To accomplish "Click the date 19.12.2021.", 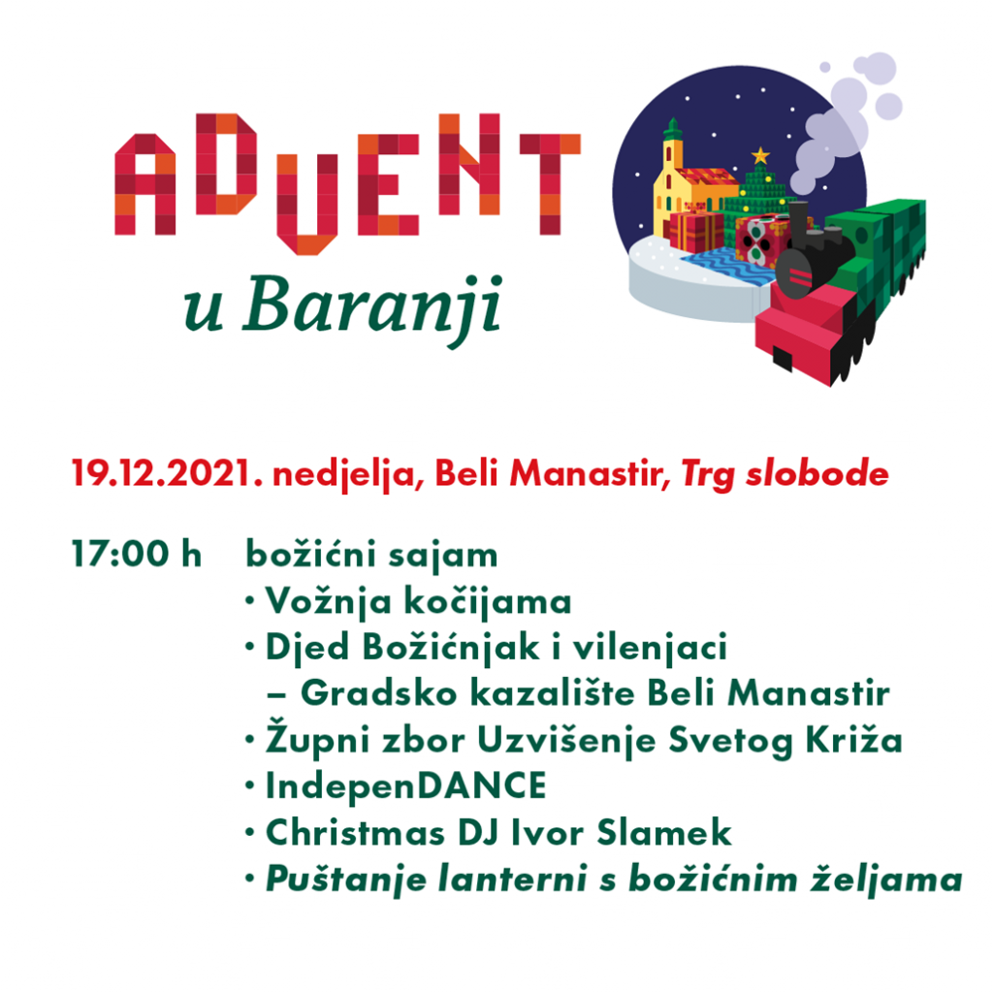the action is [167, 473].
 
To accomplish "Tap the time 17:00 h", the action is [137, 554].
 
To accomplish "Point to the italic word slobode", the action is [817, 473].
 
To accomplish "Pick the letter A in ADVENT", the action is [145, 184].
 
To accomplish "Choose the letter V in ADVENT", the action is [307, 204].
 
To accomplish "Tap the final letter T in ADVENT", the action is [550, 183].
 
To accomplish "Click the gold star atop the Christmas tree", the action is [760, 155].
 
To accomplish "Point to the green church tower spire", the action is [673, 130].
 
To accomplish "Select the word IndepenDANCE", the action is [405, 785].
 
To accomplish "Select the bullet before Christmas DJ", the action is [250, 833].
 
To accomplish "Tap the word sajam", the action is [442, 555].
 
